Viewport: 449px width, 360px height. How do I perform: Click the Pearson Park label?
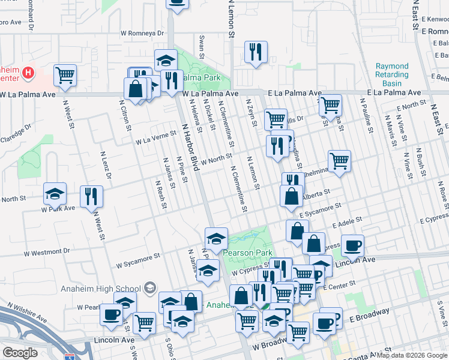(248, 253)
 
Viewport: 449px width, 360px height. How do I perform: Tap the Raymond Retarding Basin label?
(392, 74)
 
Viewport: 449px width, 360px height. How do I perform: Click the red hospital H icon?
(27, 73)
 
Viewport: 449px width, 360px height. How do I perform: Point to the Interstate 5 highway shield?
(70, 356)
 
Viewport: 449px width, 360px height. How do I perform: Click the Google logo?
(20, 353)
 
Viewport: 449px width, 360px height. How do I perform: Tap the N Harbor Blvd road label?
(190, 147)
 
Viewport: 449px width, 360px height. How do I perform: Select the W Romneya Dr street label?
(142, 34)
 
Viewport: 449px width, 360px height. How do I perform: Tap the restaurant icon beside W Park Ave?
(91, 196)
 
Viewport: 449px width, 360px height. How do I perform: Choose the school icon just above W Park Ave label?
(55, 194)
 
